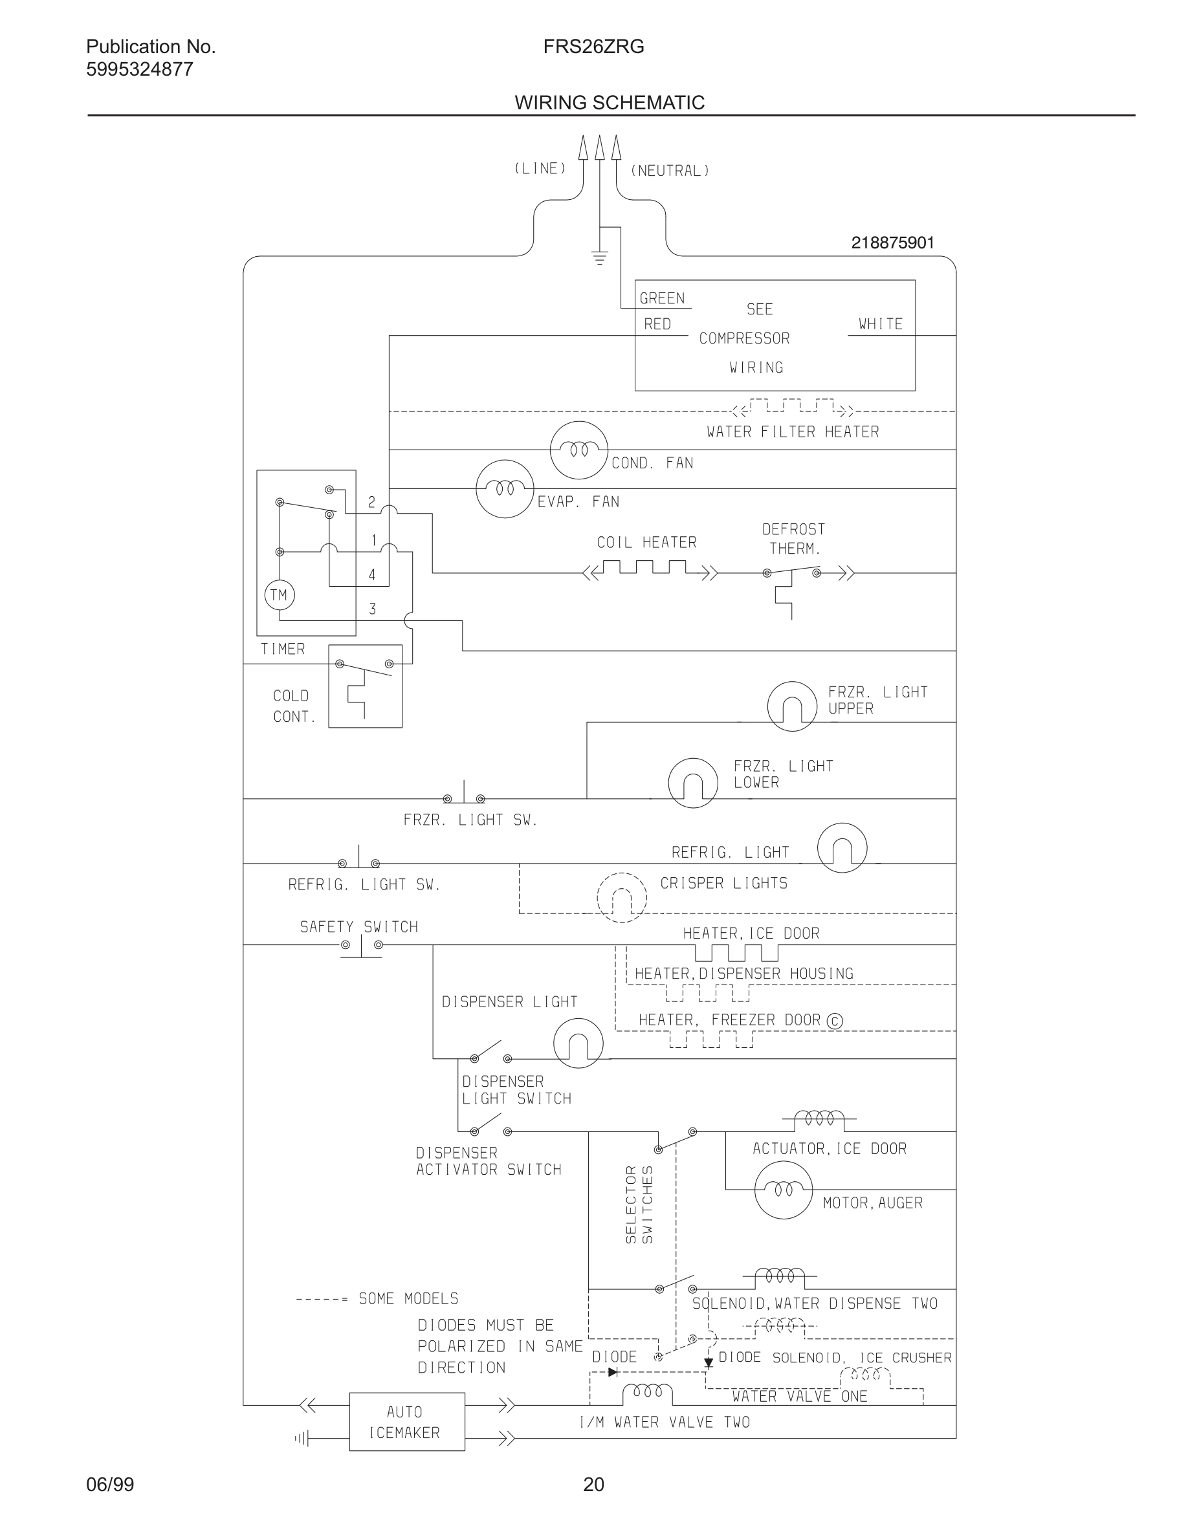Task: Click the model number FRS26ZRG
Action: coord(593,47)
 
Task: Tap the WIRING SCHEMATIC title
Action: coord(610,103)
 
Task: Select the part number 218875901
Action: coord(892,243)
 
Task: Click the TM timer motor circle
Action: coord(280,595)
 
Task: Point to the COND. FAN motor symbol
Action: coord(578,450)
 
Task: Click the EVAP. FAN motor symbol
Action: coord(505,488)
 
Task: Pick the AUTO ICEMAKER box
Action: coord(407,1422)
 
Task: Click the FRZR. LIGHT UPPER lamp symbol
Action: coord(792,706)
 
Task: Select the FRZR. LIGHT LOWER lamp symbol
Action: coord(692,783)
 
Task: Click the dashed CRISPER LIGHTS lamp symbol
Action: coord(621,897)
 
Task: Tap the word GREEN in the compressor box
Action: coord(661,298)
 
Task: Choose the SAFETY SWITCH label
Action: coord(359,927)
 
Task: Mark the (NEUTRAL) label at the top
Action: coord(669,171)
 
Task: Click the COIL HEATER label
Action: coord(646,543)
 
